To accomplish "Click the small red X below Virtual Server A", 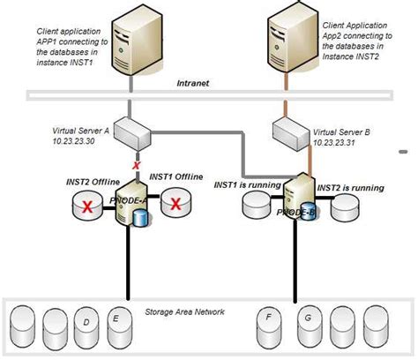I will click(136, 165).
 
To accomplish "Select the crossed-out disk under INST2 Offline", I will click(86, 206).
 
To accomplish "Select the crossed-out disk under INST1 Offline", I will click(176, 205).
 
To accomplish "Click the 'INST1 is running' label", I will click(247, 185).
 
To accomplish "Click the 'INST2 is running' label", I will click(350, 187).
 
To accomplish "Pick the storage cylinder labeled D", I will click(85, 325).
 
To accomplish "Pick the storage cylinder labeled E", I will click(116, 321).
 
